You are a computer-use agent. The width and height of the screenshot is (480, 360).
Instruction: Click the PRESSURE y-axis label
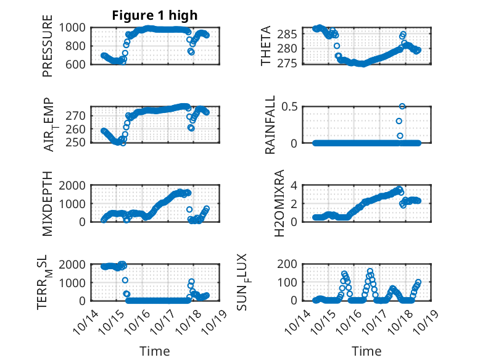(48, 50)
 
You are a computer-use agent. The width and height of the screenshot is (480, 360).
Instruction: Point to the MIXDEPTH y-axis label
(48, 204)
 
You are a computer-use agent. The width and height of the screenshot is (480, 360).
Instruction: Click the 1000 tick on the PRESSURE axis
(76, 28)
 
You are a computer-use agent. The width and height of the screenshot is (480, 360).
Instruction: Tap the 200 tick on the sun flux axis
(291, 264)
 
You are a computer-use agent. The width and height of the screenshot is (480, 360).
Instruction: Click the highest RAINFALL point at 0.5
(402, 106)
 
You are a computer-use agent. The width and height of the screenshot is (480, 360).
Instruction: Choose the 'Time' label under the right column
(366, 351)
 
